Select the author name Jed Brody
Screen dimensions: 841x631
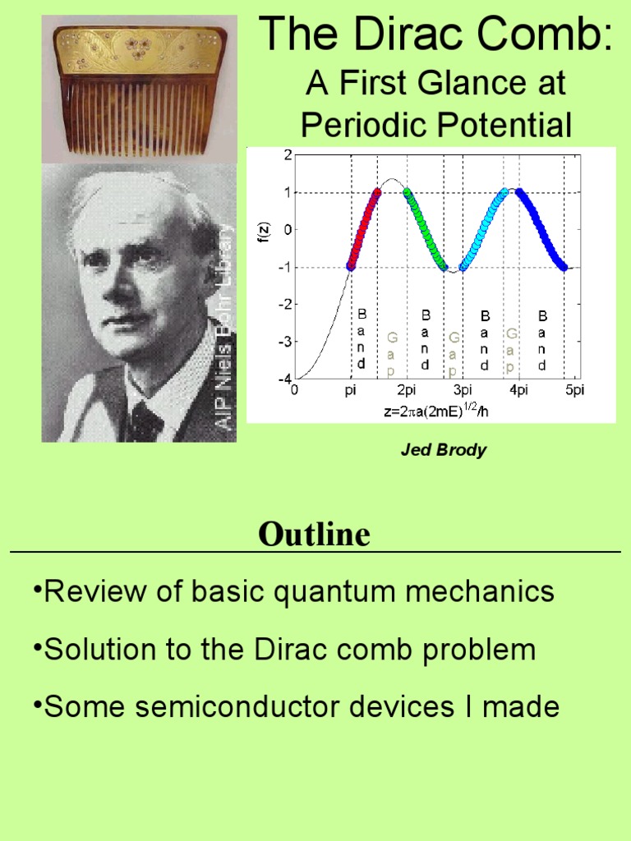[444, 450]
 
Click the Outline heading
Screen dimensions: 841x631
[315, 535]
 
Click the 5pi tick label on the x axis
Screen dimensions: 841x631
[573, 390]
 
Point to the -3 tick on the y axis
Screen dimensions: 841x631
[286, 342]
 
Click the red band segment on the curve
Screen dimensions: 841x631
[364, 229]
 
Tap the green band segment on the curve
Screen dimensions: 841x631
[426, 231]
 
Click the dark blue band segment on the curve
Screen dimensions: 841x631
[543, 231]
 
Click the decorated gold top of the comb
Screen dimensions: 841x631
[140, 49]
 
